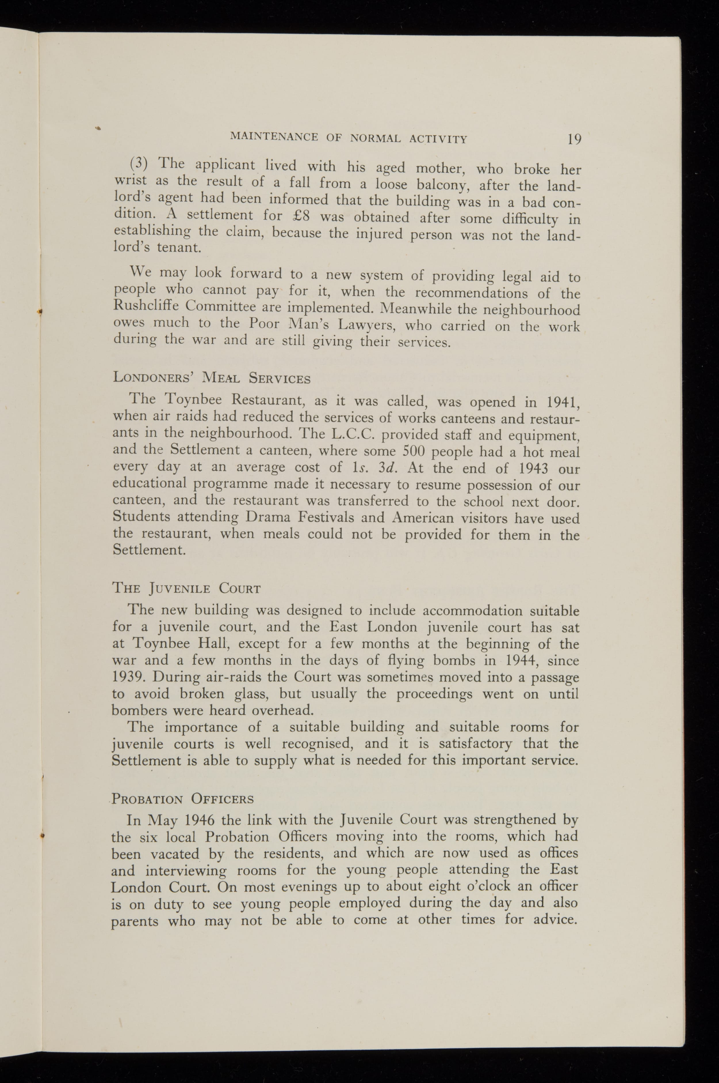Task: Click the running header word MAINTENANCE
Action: point(274,137)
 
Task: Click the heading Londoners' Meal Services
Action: point(211,378)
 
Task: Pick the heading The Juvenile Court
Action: point(187,588)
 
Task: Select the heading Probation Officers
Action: point(183,799)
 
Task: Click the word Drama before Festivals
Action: point(267,517)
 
